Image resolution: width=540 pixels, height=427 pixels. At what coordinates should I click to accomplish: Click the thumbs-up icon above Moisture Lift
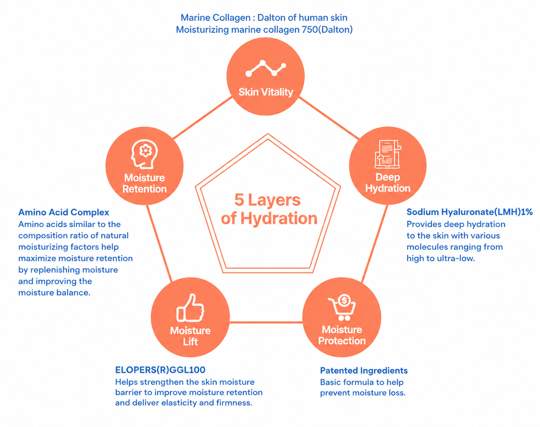(190, 308)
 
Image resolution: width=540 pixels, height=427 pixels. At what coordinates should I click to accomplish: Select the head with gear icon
(144, 154)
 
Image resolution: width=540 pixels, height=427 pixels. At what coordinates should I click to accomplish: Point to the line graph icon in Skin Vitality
(266, 68)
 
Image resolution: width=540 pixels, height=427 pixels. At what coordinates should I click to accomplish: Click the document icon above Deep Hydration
(388, 154)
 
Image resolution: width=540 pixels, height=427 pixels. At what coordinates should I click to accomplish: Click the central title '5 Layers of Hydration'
(268, 209)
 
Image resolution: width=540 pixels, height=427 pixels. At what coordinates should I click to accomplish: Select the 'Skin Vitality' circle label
(266, 92)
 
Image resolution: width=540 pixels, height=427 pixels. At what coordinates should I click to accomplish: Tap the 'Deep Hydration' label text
(388, 182)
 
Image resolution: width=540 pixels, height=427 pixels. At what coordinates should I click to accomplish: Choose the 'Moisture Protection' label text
(342, 335)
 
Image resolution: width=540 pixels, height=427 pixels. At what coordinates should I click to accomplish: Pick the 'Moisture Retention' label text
(144, 183)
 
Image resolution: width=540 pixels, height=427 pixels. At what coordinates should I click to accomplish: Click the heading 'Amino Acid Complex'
(64, 212)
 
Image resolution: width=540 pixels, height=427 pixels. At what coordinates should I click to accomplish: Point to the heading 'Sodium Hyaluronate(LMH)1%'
(469, 212)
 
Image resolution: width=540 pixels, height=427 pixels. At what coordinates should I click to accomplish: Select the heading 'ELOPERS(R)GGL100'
(160, 370)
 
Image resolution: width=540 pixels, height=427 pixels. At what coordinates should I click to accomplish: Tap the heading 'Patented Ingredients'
(364, 371)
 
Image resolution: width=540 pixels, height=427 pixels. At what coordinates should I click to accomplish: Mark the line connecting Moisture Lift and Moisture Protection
(266, 322)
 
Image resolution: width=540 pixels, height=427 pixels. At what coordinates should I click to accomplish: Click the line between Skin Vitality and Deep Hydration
(329, 118)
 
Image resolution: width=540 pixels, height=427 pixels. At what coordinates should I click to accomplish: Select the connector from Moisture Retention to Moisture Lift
(159, 244)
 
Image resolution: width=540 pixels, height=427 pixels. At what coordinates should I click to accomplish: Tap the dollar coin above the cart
(344, 300)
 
